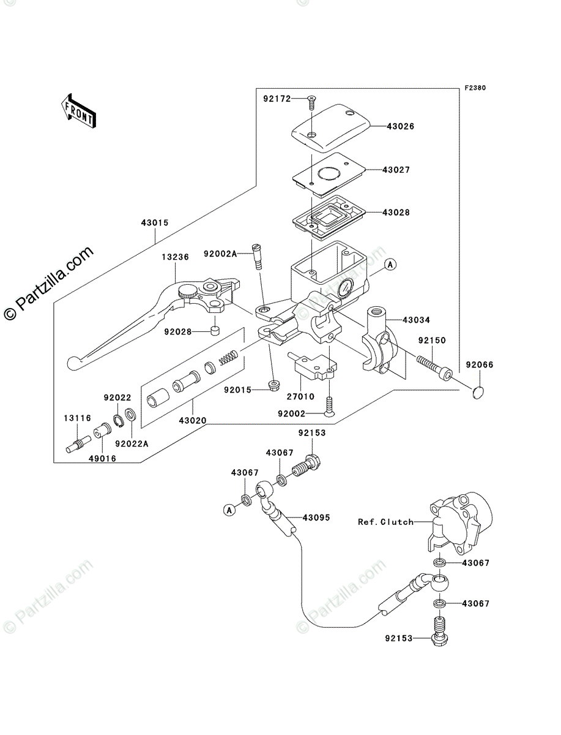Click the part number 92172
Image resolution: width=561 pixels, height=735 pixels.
277,99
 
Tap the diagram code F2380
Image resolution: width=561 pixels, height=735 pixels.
474,88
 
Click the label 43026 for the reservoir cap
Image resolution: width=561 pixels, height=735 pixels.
400,127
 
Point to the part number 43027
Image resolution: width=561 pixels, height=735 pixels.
396,170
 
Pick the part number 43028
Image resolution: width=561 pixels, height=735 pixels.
396,213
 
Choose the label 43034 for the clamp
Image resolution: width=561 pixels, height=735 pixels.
417,320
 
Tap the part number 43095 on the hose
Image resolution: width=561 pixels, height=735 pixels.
316,518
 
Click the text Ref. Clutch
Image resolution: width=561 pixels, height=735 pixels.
386,522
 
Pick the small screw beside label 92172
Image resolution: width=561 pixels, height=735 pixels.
310,99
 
